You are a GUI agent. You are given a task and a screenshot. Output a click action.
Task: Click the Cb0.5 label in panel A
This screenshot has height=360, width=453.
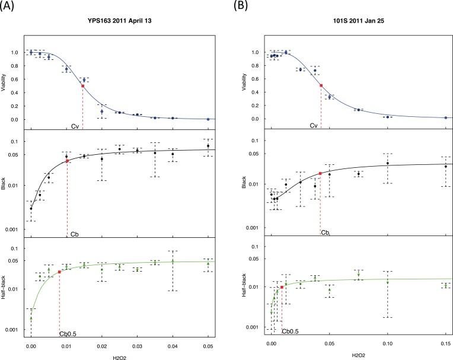(67, 334)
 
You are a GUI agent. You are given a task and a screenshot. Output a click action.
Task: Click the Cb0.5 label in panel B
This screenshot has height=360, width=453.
(289, 332)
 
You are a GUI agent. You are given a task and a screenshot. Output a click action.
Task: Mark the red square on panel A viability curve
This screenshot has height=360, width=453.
(82, 86)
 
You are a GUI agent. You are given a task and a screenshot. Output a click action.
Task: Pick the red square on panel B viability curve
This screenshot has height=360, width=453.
(321, 85)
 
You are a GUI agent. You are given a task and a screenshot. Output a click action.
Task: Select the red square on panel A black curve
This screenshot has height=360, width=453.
(67, 161)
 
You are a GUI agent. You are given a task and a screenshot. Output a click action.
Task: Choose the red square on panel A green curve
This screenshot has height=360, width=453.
(59, 272)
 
